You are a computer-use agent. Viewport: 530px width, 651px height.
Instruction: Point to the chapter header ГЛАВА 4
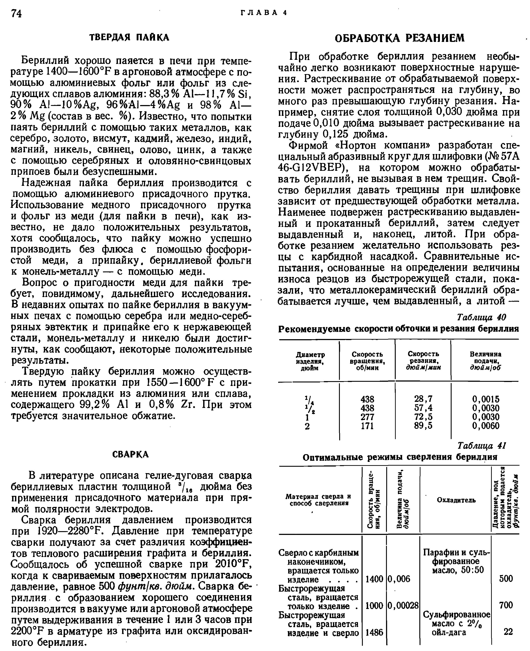[264, 13]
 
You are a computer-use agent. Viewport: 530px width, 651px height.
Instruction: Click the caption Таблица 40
[481, 317]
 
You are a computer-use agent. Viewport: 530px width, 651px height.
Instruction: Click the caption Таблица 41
[481, 446]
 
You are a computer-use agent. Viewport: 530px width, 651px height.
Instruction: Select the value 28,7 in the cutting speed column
[423, 399]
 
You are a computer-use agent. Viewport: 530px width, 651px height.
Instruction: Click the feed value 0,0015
[485, 399]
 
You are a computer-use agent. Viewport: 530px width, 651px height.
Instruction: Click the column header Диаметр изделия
[310, 361]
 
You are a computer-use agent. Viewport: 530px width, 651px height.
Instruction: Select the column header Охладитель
[456, 500]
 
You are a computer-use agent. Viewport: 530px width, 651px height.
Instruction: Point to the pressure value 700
[506, 605]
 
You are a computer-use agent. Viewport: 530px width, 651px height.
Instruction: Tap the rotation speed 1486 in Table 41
[374, 632]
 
